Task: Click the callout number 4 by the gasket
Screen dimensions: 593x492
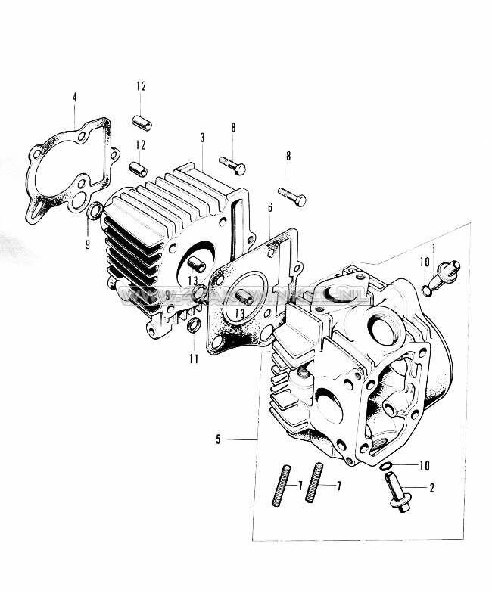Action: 74,97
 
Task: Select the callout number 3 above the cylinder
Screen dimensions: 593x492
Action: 202,138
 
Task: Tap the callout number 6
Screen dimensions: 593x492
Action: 269,206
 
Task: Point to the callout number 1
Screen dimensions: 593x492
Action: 433,248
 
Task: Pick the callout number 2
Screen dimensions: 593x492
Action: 431,488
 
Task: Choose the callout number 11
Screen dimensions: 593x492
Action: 194,358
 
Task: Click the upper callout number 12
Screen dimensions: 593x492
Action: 141,86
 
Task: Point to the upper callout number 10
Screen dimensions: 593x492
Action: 425,262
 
